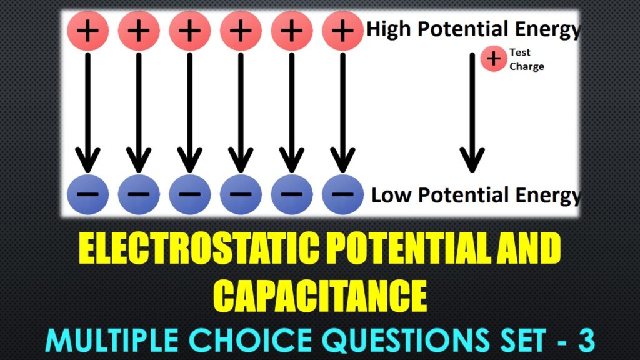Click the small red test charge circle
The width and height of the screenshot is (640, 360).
click(x=494, y=59)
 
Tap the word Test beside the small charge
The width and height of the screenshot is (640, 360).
click(x=520, y=53)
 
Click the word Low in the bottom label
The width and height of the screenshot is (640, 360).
click(x=391, y=195)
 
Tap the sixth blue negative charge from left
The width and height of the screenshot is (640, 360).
click(x=342, y=194)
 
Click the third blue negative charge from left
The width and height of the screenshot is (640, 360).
click(x=189, y=194)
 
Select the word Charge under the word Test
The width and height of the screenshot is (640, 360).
click(x=527, y=66)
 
